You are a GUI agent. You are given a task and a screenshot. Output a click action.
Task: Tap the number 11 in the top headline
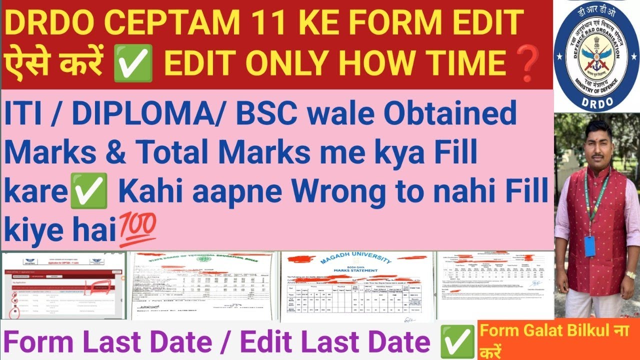(254, 23)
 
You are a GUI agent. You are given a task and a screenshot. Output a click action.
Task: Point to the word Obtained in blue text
(449, 114)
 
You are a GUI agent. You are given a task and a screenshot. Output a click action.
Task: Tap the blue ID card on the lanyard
(590, 246)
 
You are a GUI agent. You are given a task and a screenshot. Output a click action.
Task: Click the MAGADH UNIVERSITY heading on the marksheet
(357, 259)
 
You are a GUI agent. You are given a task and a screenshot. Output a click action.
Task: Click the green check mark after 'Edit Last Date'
(456, 341)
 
